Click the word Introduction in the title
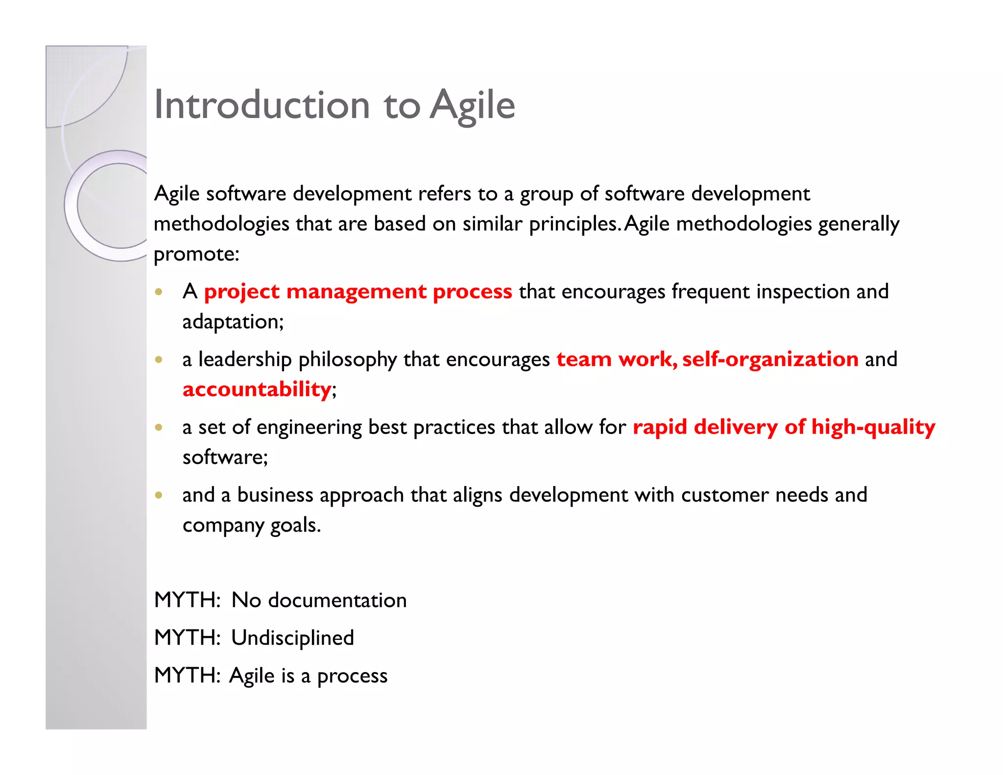(x=262, y=105)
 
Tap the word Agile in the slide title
(x=472, y=105)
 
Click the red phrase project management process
(x=358, y=291)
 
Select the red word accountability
(x=257, y=389)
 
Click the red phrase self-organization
(x=770, y=359)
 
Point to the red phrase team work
(x=617, y=359)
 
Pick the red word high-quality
(x=873, y=427)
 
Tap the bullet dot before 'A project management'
(x=158, y=292)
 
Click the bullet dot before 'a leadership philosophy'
(x=158, y=360)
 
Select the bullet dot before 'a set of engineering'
(x=158, y=427)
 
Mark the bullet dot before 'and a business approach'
(x=158, y=495)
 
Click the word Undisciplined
(x=292, y=638)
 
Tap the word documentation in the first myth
(x=337, y=600)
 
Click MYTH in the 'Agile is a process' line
(x=187, y=676)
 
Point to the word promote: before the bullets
(x=196, y=254)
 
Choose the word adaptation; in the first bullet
(x=233, y=322)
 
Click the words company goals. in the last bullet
(x=252, y=525)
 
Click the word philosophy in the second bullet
(x=347, y=360)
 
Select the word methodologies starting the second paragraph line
(x=221, y=224)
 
